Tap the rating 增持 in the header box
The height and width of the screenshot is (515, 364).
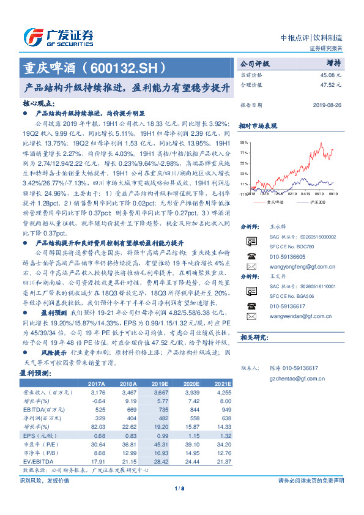click(x=333, y=62)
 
